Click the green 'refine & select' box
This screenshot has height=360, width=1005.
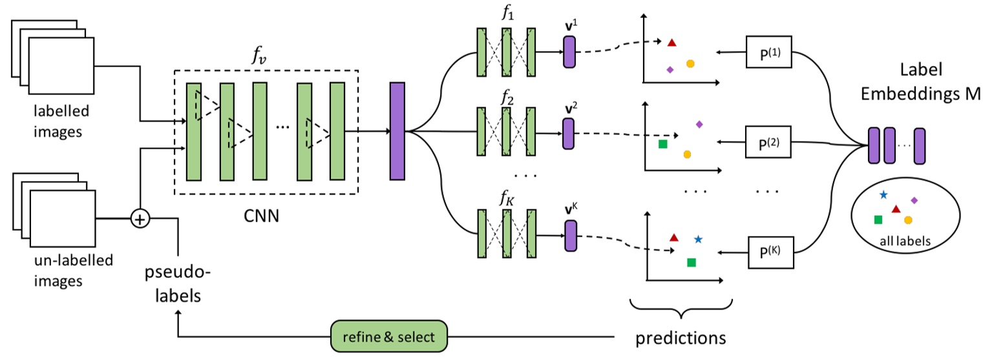tap(389, 337)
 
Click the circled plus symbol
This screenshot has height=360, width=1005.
tap(140, 219)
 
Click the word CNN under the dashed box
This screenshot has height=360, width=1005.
tap(261, 216)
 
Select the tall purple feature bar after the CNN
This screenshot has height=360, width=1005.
tap(397, 131)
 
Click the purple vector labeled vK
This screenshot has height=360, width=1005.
tap(569, 235)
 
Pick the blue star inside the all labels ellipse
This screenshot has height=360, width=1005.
tap(883, 194)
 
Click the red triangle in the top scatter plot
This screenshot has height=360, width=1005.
tap(672, 43)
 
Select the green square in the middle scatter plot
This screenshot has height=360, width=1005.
tap(662, 143)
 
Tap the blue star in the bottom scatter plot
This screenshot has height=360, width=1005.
tap(698, 239)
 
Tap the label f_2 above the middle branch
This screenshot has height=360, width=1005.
tap(505, 100)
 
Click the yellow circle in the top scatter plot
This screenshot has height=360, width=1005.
tap(690, 63)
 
